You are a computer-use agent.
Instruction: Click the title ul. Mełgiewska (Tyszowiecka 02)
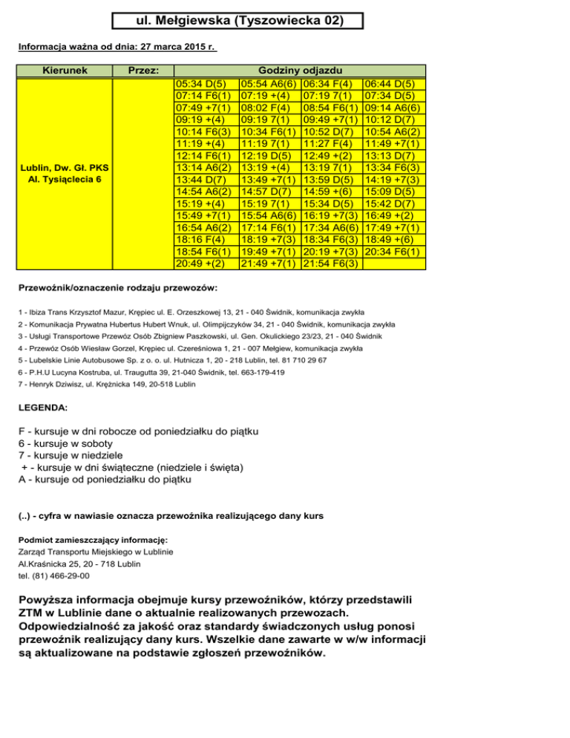point(239,21)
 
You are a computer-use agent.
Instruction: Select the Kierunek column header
point(66,70)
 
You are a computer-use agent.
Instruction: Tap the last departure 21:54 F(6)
point(332,263)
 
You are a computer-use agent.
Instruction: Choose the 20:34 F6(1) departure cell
point(395,251)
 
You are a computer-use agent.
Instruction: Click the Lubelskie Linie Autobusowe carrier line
point(172,359)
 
